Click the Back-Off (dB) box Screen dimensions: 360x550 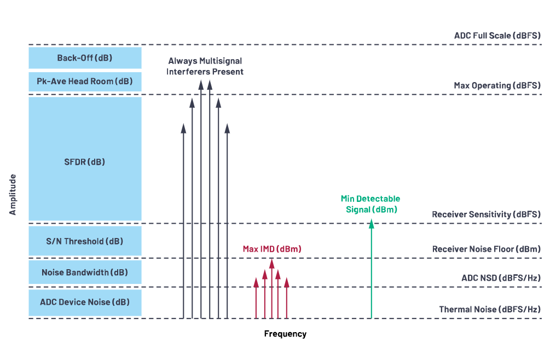point(85,58)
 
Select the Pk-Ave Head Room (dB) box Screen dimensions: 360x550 point(85,82)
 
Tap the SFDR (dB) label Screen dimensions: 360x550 point(85,162)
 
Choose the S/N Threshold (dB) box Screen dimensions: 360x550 point(85,241)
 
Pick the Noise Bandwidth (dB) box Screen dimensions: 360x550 point(85,272)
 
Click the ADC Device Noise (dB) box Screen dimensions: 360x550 point(85,302)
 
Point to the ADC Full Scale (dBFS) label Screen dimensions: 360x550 point(497,36)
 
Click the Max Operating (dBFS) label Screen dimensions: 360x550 point(497,85)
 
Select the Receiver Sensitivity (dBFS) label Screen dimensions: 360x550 point(486,214)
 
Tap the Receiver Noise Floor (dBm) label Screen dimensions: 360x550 point(486,249)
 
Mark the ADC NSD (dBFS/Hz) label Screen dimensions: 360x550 point(501,278)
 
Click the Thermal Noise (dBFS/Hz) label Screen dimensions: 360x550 point(490,310)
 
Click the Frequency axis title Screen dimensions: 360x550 point(285,334)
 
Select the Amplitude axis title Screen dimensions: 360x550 point(13,194)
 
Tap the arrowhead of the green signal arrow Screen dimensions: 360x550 point(371,223)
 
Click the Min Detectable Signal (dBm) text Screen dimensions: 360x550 point(371,204)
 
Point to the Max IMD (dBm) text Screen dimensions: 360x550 point(272,249)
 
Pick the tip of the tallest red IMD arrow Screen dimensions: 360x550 point(271,261)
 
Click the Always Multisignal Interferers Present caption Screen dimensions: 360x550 point(205,66)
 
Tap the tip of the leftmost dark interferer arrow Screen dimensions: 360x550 point(183,127)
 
